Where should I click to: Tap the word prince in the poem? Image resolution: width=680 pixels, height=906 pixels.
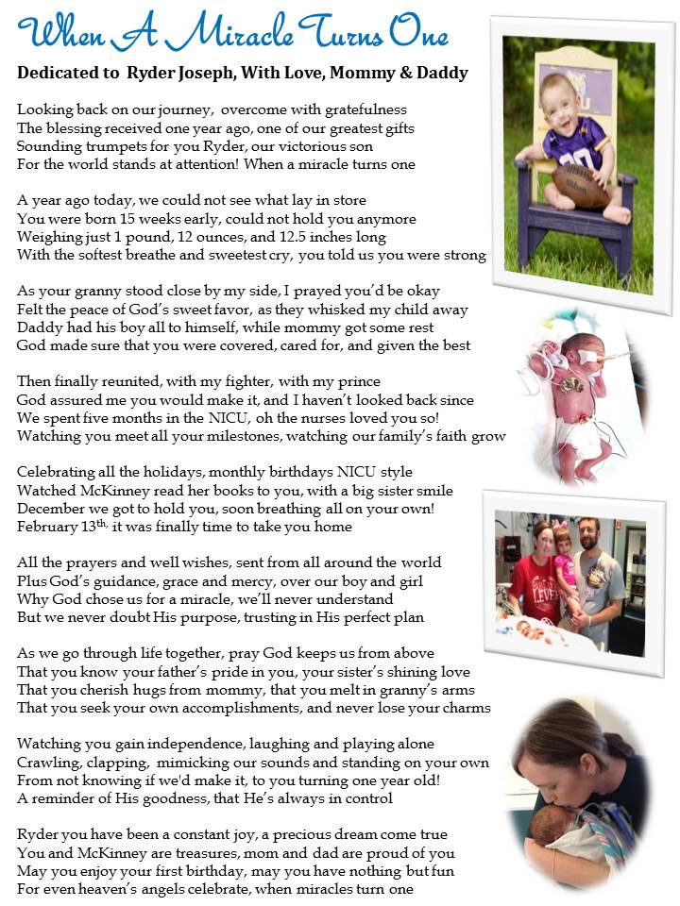(358, 381)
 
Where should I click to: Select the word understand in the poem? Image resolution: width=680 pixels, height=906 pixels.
(355, 598)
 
